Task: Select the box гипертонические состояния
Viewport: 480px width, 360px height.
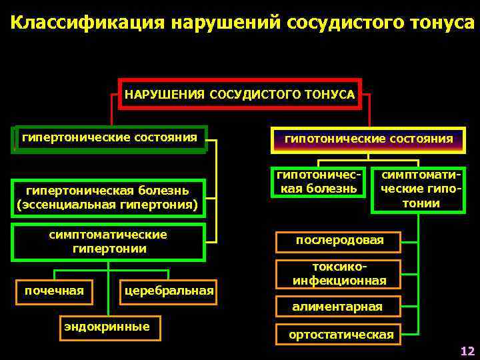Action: click(x=110, y=139)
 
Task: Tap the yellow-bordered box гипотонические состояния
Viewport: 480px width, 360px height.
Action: click(x=369, y=140)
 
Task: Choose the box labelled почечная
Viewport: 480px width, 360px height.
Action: click(x=54, y=290)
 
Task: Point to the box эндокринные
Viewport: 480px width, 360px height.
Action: click(x=107, y=326)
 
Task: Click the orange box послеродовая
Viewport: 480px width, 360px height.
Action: click(x=340, y=241)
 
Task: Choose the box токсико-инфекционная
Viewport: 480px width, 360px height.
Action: click(x=340, y=274)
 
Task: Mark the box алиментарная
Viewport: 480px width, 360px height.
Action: click(x=337, y=307)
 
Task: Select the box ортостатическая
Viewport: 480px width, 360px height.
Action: click(x=341, y=335)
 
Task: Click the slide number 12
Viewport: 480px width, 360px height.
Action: click(x=467, y=351)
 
